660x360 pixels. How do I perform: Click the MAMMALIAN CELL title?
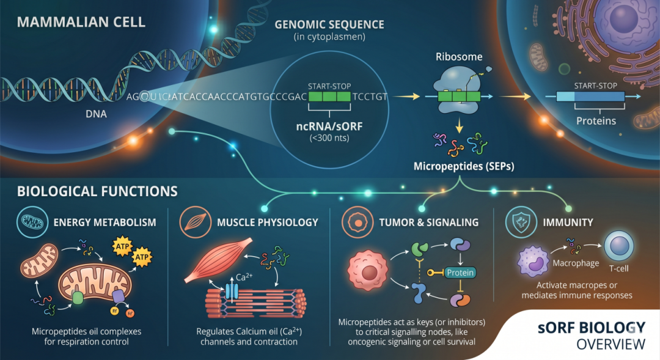(81, 22)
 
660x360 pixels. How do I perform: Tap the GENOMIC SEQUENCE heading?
(329, 25)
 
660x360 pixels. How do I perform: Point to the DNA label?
(96, 114)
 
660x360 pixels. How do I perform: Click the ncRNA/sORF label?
(329, 127)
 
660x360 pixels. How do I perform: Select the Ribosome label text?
(459, 57)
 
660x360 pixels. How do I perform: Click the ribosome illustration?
(459, 90)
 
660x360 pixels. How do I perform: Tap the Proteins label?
(596, 121)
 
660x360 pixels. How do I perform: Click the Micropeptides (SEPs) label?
(464, 166)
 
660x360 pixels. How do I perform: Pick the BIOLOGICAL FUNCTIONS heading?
(97, 191)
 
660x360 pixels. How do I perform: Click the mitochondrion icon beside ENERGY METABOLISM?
(32, 222)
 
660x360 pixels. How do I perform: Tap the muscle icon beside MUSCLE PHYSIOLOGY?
(195, 222)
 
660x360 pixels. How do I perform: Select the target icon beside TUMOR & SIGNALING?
(358, 222)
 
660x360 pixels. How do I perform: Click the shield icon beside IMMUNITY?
(521, 222)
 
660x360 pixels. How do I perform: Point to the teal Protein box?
(460, 273)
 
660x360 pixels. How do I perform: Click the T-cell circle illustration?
(618, 246)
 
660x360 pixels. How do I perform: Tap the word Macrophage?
(576, 263)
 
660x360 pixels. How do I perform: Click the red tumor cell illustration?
(367, 271)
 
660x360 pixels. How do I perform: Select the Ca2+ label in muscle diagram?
(244, 277)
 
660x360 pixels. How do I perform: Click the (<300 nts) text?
(329, 138)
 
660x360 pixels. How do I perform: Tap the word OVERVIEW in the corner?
(610, 345)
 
